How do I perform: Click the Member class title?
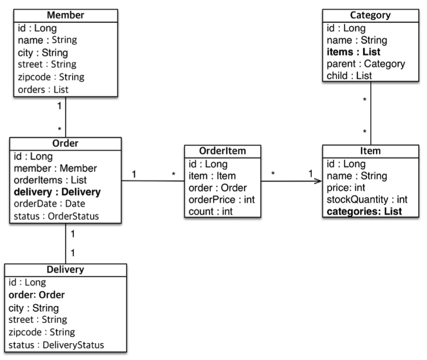point(66,15)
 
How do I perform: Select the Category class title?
point(370,15)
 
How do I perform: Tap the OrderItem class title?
point(222,151)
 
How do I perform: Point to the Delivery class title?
point(66,269)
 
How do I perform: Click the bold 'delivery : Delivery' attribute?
point(57,192)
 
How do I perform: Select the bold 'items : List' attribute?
point(353,52)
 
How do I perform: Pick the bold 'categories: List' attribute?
point(364,212)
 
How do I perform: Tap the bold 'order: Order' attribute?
point(37,295)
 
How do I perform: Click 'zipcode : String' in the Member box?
point(51,77)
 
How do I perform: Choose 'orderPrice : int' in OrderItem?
point(222,200)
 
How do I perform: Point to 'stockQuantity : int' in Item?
point(367,200)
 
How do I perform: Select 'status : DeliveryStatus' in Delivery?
point(56,345)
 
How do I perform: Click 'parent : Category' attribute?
point(365,64)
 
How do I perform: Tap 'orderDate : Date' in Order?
point(49,204)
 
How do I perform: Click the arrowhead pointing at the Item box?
point(319,181)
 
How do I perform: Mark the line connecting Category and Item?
point(371,113)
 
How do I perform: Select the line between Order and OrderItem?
point(153,181)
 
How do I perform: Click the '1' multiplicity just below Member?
point(59,106)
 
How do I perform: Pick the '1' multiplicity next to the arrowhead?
point(311,173)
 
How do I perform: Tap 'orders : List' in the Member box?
point(43,89)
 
